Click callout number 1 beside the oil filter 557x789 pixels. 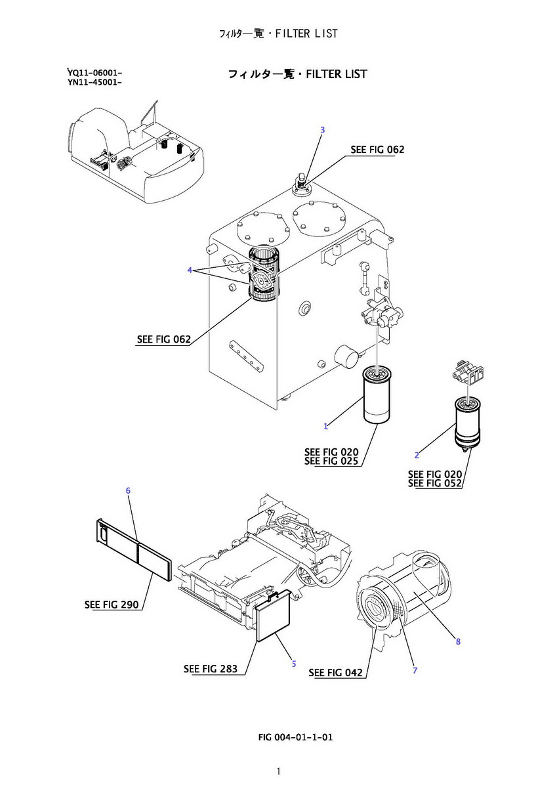click(325, 427)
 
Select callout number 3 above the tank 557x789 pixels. click(322, 130)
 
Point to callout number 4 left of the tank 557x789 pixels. click(190, 270)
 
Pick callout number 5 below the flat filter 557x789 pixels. click(293, 664)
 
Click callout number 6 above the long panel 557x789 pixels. click(128, 490)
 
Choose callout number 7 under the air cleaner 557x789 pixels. click(415, 670)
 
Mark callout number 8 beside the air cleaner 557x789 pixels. click(458, 641)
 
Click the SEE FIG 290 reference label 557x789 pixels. click(112, 605)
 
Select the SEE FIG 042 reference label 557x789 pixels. click(335, 672)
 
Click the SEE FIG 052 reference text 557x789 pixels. click(435, 484)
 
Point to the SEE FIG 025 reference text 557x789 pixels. click(331, 461)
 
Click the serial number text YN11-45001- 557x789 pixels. click(94, 82)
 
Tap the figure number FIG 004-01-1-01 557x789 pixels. click(296, 737)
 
